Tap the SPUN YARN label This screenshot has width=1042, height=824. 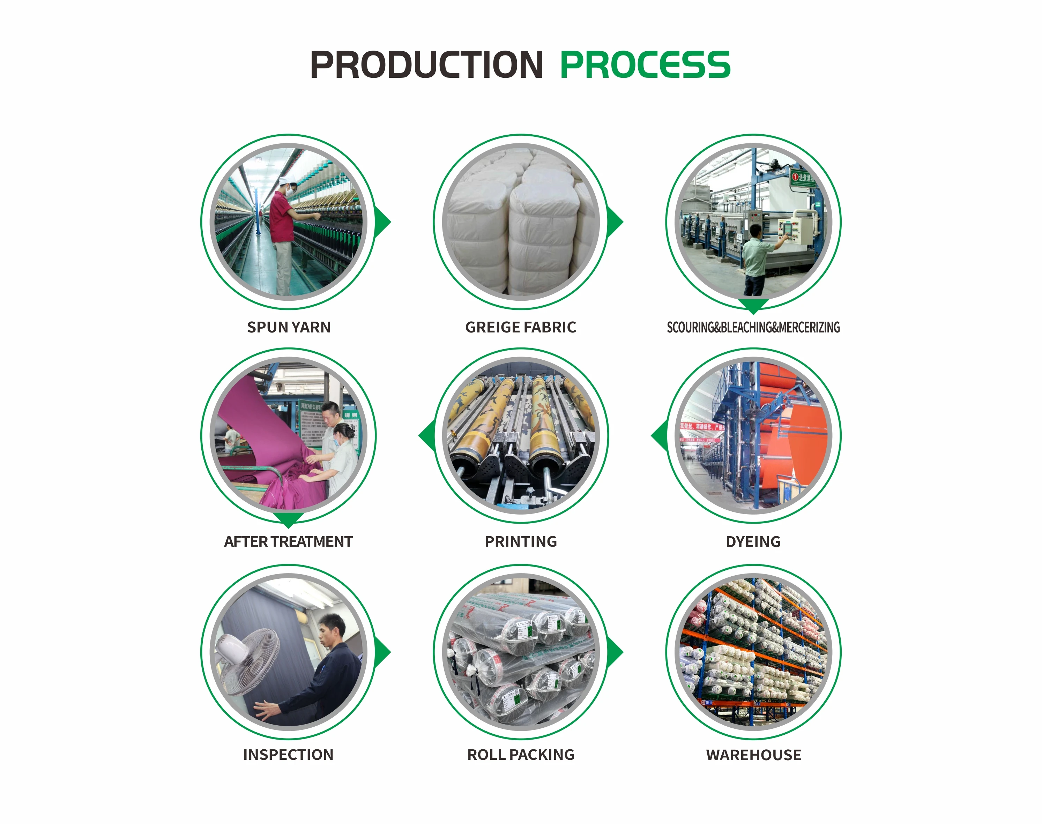coord(289,327)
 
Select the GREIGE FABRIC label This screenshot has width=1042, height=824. coord(520,327)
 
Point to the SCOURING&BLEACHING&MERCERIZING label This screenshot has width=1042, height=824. coord(753,327)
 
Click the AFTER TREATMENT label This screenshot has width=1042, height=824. coord(288,541)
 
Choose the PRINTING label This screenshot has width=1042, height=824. coord(520,541)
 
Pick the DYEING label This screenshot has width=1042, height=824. coord(753,541)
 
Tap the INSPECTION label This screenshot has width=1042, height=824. coord(288,755)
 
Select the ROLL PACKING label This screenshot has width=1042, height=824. coord(520,755)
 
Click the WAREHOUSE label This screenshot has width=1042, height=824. coord(753,755)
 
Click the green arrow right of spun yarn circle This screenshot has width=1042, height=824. coord(383,222)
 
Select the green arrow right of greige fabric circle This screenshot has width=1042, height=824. coord(615,222)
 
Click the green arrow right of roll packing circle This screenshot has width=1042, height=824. coord(615,652)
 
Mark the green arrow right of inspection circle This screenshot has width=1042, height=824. coord(383,652)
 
